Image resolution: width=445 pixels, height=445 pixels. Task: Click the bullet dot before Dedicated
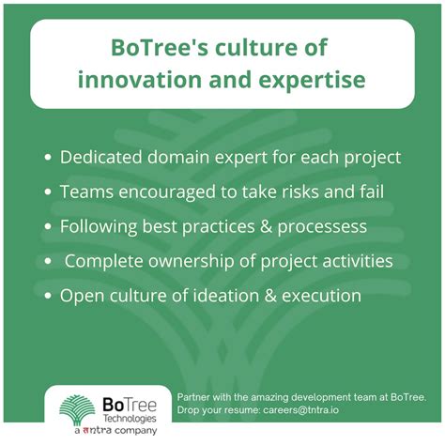pyautogui.click(x=47, y=158)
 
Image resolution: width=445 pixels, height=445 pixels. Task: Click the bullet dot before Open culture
pyautogui.click(x=47, y=296)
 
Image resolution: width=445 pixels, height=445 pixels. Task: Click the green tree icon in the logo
pyautogui.click(x=78, y=407)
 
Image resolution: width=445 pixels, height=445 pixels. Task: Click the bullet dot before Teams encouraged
pyautogui.click(x=47, y=192)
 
